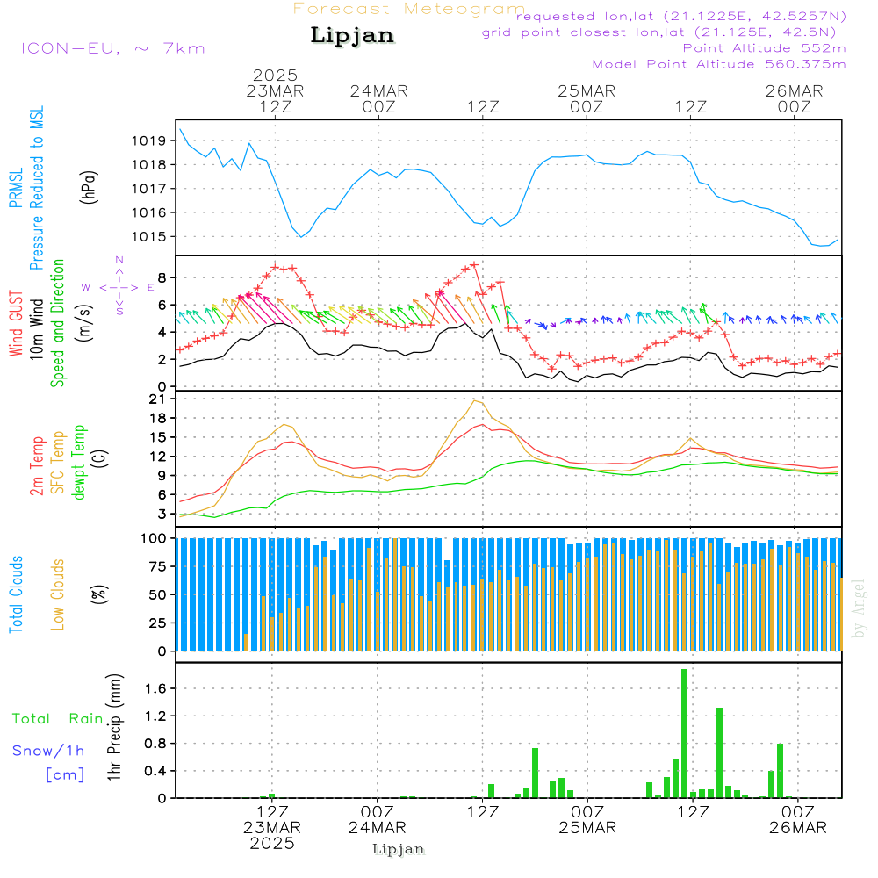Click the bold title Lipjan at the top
point(352,36)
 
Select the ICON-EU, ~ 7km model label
point(112,48)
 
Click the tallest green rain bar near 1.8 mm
point(684,733)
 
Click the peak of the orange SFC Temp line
point(474,400)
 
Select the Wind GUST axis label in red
point(16,325)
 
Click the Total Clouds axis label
point(16,594)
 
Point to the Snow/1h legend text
point(48,751)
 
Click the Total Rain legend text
point(58,718)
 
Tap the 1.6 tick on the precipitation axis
point(156,689)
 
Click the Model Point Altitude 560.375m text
point(719,64)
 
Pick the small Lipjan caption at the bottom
point(399,849)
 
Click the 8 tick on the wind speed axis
point(162,277)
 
